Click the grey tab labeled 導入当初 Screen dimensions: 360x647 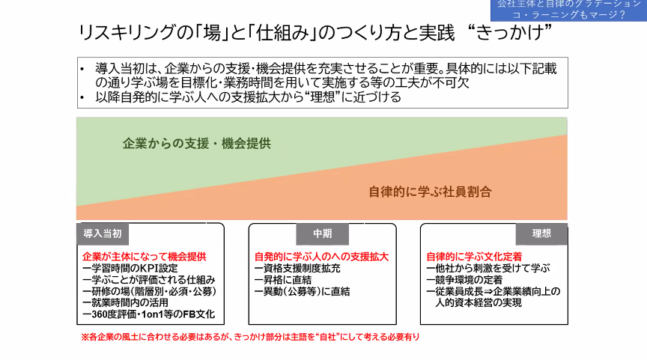tap(103, 234)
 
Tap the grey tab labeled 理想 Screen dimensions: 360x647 tap(541, 234)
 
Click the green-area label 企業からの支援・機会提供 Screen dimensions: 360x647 tap(196, 143)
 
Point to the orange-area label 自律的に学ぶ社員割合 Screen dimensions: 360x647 tap(430, 192)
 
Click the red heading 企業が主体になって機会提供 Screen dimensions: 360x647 tap(144, 256)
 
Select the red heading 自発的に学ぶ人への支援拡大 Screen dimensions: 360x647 tap(321, 256)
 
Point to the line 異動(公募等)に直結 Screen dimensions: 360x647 tap(303, 292)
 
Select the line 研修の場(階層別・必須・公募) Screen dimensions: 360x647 tap(148, 292)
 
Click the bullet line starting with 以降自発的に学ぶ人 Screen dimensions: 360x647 tap(248, 97)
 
